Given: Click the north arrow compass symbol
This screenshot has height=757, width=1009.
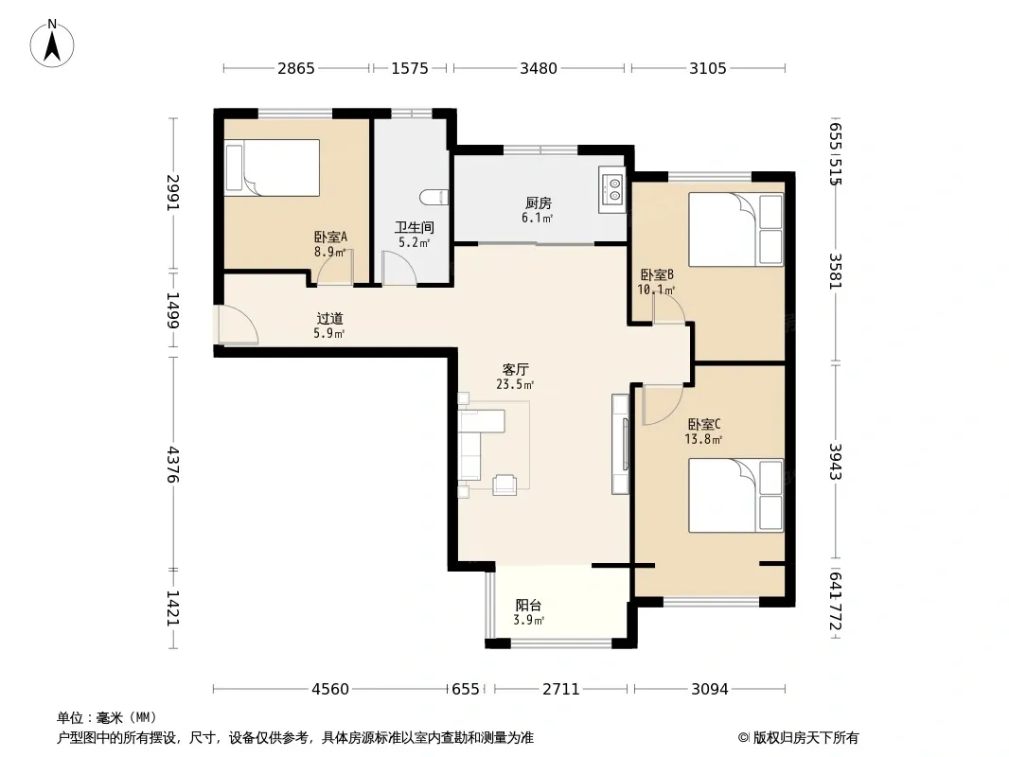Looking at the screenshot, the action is click(52, 44).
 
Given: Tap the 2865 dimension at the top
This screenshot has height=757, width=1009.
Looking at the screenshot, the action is click(296, 68).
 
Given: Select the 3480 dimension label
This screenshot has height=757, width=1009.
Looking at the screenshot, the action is click(539, 68).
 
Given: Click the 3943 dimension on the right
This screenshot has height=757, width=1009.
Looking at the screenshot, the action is click(835, 461).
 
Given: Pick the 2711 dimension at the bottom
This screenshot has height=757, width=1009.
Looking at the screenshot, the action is click(561, 690).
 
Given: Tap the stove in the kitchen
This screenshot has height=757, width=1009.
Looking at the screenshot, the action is click(611, 189).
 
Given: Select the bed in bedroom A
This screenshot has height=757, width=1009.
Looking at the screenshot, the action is click(273, 167).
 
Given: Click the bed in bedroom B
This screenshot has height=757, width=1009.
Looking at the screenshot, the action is click(736, 229).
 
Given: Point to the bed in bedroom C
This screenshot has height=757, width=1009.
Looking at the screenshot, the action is click(736, 495).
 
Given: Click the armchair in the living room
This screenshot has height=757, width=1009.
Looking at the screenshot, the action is click(504, 484).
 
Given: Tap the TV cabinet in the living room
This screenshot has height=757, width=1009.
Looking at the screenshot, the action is click(621, 444).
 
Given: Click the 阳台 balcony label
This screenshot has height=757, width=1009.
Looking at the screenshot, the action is click(528, 606).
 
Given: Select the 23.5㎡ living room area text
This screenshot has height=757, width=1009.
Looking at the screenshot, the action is click(515, 384).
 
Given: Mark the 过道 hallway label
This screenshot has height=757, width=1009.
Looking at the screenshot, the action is click(329, 318).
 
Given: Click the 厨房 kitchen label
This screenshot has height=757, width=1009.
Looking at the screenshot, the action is click(538, 203).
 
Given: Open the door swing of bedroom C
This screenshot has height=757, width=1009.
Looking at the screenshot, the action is click(663, 405).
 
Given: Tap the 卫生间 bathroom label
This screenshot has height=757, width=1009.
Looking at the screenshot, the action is click(414, 228).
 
